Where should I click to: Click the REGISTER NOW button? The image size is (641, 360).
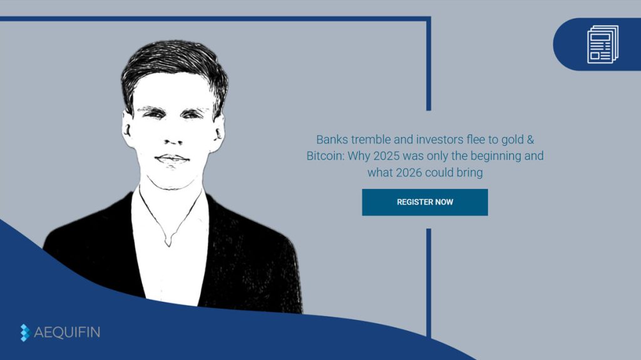(x=424, y=202)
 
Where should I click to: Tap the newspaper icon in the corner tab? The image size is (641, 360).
(x=602, y=44)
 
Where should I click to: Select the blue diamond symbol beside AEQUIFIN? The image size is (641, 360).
(x=25, y=332)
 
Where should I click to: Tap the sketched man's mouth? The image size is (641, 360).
(x=172, y=158)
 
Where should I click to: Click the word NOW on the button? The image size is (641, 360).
(x=442, y=202)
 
